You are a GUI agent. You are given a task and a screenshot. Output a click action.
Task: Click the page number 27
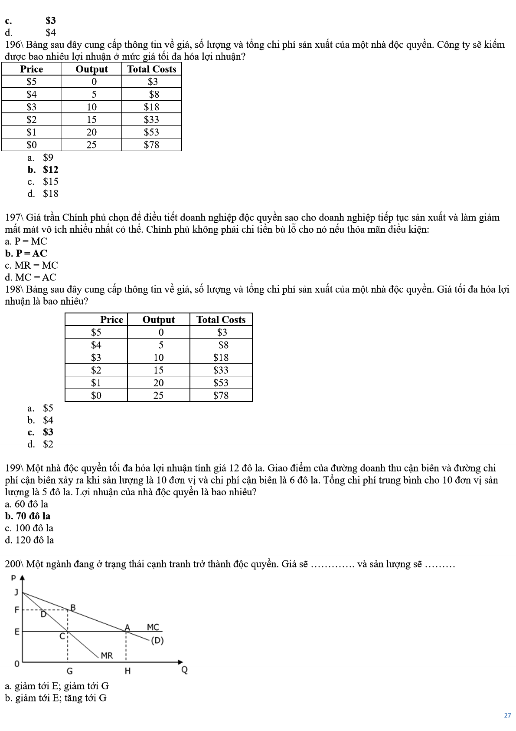pyautogui.click(x=507, y=715)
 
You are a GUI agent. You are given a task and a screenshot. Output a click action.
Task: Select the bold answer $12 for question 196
pyautogui.click(x=50, y=170)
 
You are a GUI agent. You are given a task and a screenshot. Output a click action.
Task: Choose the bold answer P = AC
pyautogui.click(x=31, y=254)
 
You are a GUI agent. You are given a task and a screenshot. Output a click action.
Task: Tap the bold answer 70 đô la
pyautogui.click(x=33, y=516)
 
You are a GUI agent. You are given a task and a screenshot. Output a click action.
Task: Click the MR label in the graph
pyautogui.click(x=107, y=655)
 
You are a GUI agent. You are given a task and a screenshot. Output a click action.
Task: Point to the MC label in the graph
pyautogui.click(x=153, y=627)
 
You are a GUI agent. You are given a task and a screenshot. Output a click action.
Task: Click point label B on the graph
pyautogui.click(x=73, y=607)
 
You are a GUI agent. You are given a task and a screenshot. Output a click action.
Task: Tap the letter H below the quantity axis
pyautogui.click(x=127, y=671)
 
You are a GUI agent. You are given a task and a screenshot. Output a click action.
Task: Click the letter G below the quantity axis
pyautogui.click(x=69, y=671)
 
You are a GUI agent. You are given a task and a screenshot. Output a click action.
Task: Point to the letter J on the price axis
pyautogui.click(x=17, y=592)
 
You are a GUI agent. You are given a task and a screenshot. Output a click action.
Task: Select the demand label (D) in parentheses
pyautogui.click(x=157, y=641)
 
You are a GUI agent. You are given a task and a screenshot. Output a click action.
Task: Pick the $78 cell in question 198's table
pyautogui.click(x=221, y=395)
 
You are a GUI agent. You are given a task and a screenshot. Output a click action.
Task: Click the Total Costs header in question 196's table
pyautogui.click(x=151, y=69)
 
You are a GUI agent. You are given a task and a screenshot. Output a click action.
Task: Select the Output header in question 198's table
pyautogui.click(x=158, y=320)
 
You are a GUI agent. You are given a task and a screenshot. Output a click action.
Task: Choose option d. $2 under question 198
pyautogui.click(x=48, y=444)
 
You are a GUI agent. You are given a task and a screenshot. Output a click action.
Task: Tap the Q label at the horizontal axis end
pyautogui.click(x=184, y=670)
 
